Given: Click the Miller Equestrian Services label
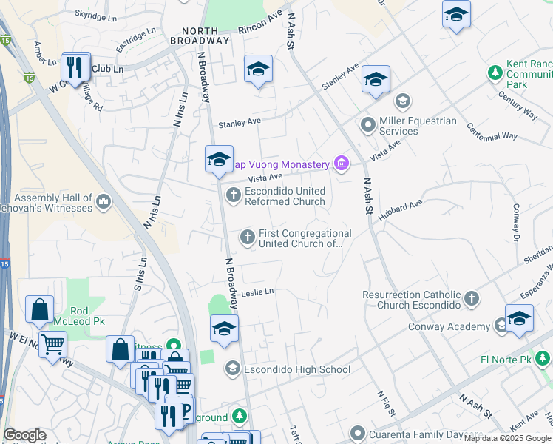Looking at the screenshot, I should click(x=418, y=126).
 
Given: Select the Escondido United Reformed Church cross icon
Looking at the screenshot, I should click(x=232, y=195).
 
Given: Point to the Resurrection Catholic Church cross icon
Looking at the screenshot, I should click(x=472, y=299).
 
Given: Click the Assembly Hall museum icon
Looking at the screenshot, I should click(x=103, y=201).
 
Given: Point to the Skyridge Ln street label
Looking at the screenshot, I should click(x=96, y=14).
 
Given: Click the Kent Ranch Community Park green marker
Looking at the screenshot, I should click(x=495, y=73).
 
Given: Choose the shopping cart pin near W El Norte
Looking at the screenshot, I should click(x=52, y=343).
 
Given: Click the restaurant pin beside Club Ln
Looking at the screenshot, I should click(x=75, y=68).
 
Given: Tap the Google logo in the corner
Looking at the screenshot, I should click(x=24, y=435).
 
